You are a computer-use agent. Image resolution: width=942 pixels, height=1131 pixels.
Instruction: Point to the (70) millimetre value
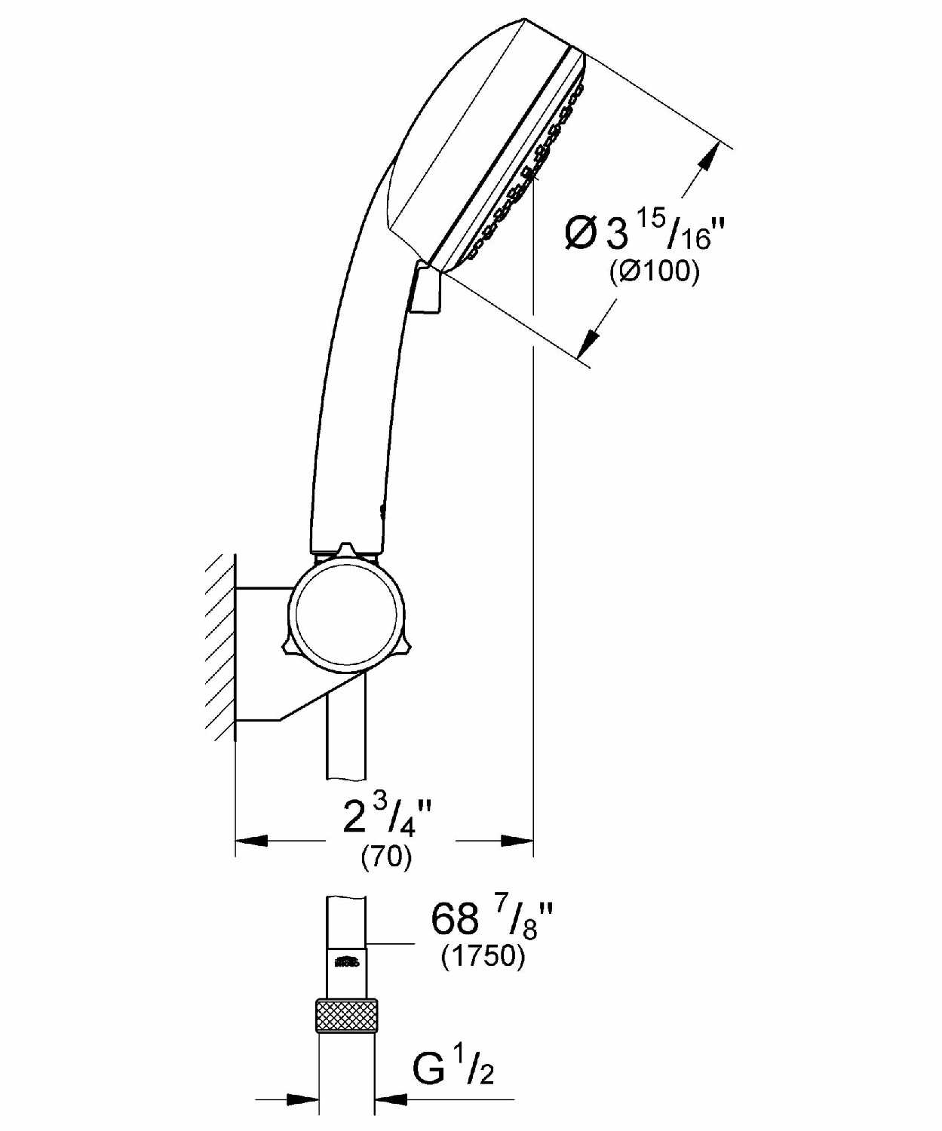387,857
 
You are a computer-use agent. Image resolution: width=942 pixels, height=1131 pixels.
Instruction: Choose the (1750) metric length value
483,957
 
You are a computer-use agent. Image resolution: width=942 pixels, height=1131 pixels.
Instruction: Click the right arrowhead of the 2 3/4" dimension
517,841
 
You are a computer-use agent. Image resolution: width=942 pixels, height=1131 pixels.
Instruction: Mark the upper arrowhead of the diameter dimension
705,158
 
